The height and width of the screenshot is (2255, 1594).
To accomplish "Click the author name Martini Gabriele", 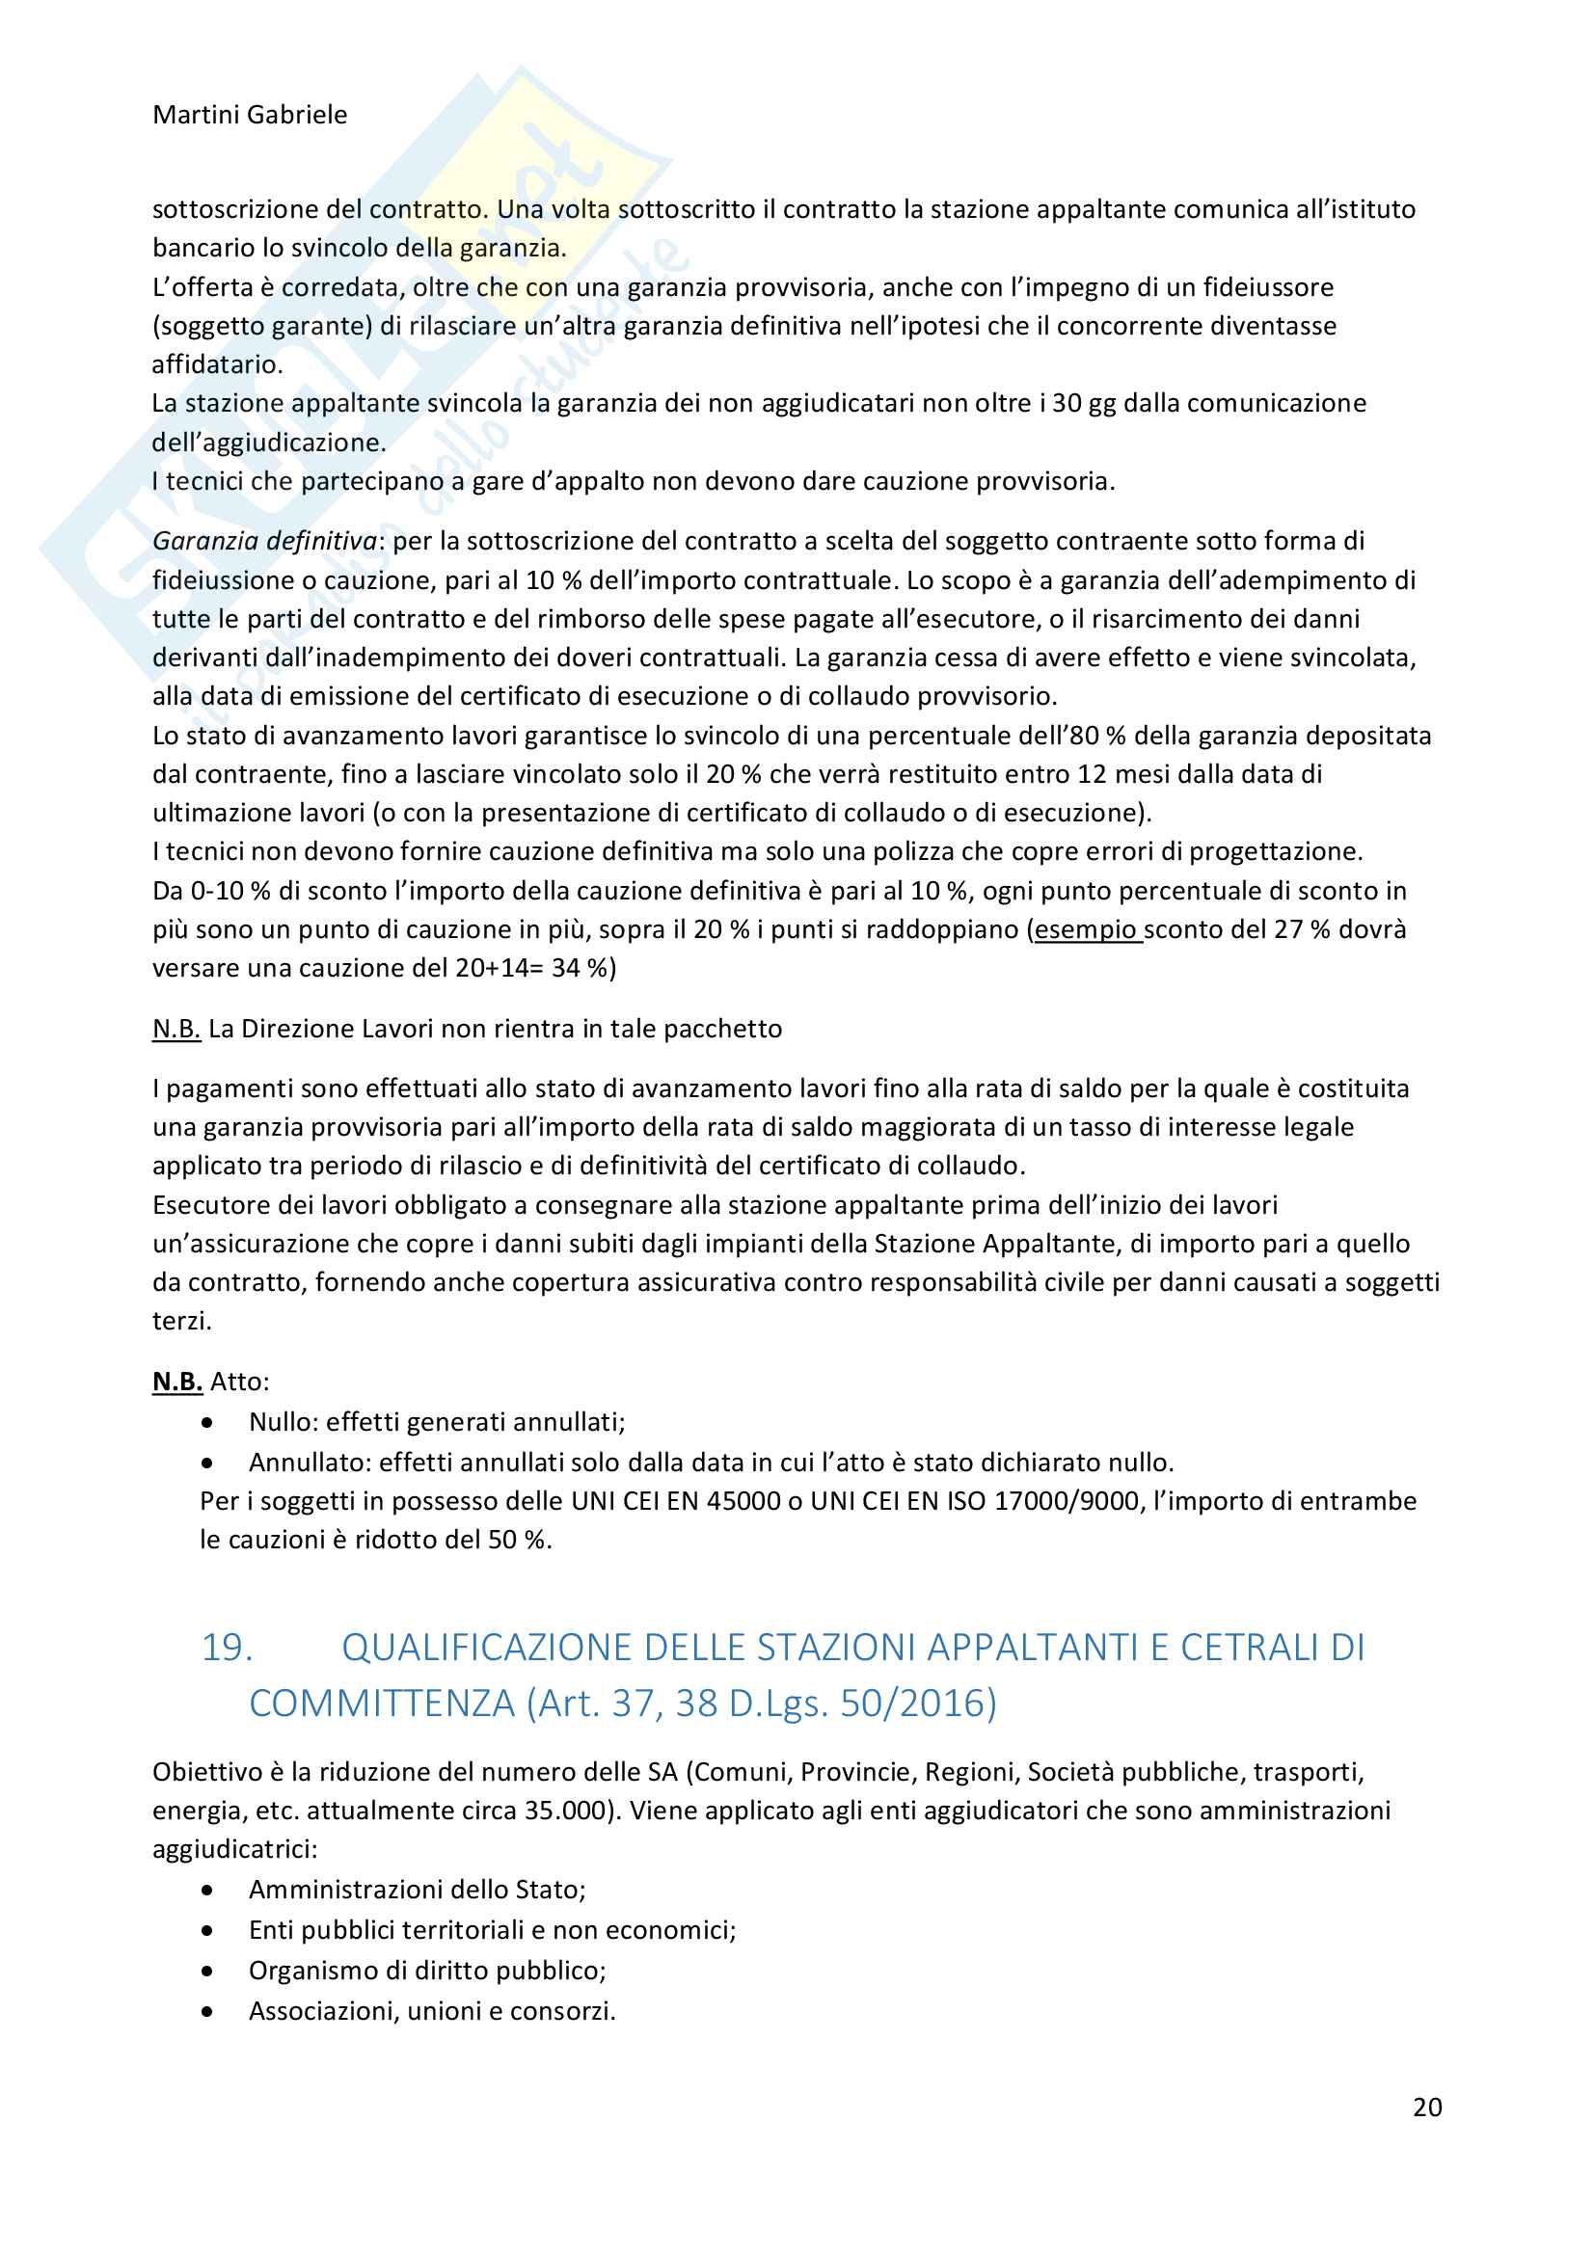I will pos(250,115).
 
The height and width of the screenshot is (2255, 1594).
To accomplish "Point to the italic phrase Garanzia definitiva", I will pos(264,541).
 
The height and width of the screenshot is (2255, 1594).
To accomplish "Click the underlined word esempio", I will pos(1087,929).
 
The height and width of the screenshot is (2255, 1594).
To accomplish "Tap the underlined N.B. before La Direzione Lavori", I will pos(176,1029).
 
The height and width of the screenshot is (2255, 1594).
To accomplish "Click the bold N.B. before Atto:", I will pos(176,1381).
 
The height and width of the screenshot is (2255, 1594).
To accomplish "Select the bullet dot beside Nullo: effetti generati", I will pos(207,1422).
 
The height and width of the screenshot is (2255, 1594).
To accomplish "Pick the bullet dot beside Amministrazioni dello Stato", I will pos(207,1890).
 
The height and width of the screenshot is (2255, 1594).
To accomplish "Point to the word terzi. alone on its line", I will pos(181,1321).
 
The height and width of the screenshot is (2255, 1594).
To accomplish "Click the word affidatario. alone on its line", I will pos(217,364).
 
